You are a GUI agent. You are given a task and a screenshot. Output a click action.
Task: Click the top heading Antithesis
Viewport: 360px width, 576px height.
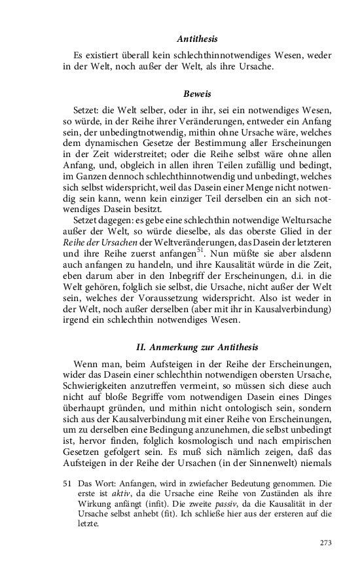tap(197, 40)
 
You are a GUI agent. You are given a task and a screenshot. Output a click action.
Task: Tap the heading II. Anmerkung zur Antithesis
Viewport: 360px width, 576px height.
tap(197, 346)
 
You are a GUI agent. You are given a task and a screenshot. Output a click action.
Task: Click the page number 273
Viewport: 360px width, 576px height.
tap(326, 543)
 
